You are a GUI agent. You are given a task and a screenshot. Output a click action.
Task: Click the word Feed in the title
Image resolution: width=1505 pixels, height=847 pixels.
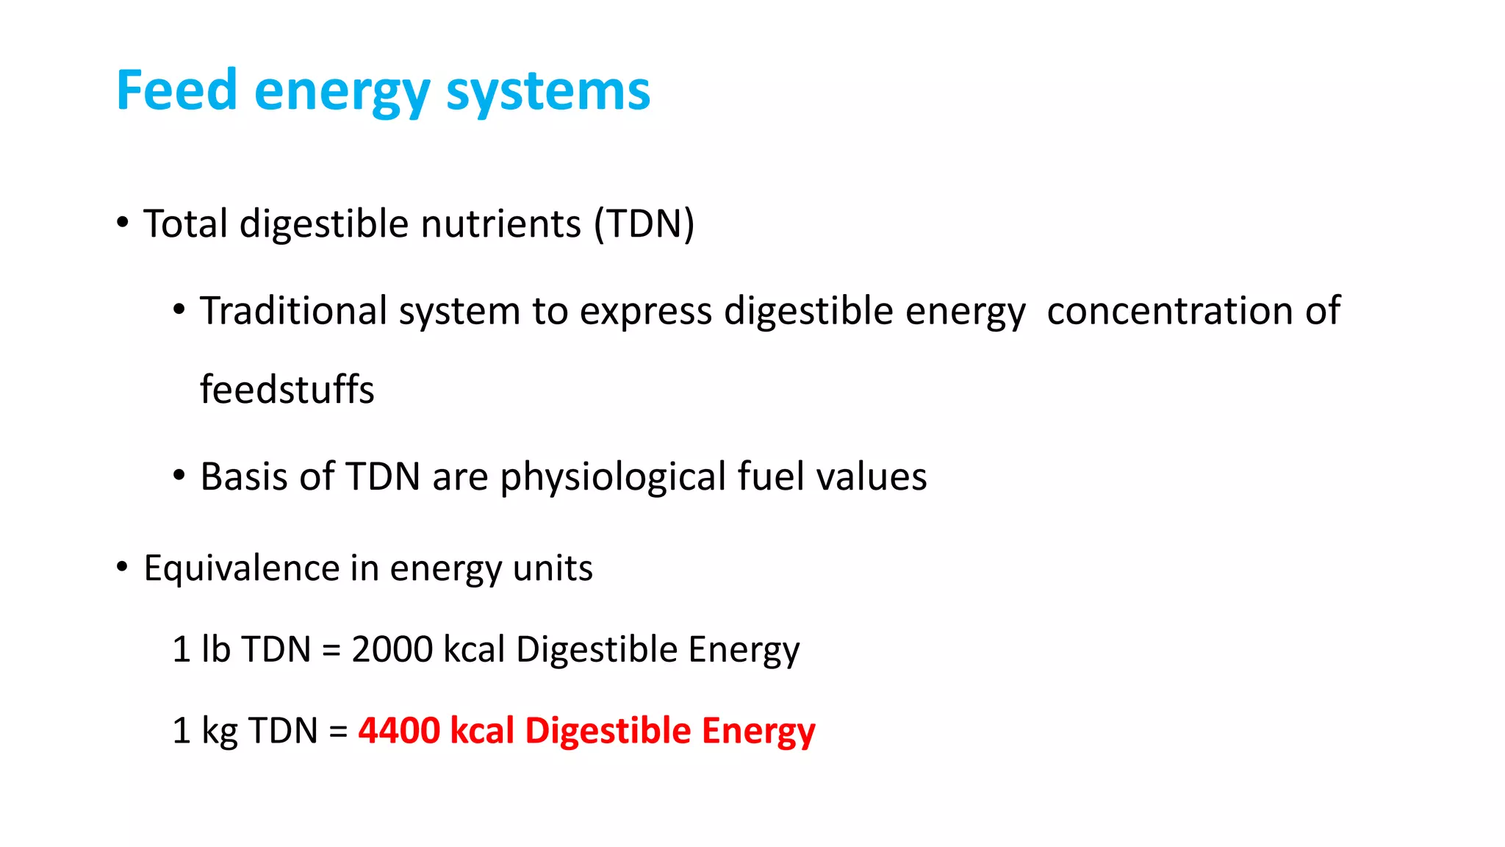(176, 90)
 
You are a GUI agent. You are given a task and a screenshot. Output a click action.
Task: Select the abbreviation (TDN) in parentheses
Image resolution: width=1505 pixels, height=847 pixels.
(644, 224)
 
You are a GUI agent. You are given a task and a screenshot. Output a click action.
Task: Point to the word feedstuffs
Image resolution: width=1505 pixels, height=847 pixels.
(287, 389)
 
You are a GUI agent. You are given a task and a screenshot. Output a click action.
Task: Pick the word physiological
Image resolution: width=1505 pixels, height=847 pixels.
(614, 477)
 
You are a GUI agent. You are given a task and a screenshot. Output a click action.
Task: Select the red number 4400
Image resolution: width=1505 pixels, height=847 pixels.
(399, 731)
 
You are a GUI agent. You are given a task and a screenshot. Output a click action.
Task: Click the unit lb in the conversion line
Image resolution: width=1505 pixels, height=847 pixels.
(216, 649)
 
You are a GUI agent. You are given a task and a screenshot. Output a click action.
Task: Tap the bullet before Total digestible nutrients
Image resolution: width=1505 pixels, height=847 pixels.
(123, 222)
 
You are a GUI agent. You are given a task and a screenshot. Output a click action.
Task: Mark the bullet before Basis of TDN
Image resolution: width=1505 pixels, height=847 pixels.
(179, 476)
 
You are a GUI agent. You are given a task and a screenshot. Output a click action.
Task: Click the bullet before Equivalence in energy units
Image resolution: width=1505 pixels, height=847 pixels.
(123, 567)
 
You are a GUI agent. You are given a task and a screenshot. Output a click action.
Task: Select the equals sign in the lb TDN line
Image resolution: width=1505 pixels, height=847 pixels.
(331, 651)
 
